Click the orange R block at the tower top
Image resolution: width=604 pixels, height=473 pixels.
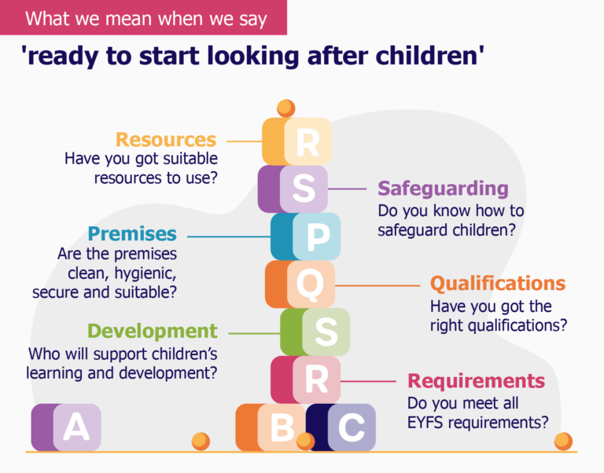[x=297, y=141]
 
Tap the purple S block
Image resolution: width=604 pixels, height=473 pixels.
[x=293, y=189]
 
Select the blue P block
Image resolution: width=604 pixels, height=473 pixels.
[x=307, y=236]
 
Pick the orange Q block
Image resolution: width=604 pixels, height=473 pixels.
[x=300, y=284]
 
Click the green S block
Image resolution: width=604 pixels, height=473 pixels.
[x=315, y=332]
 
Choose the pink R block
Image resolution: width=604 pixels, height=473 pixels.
[x=306, y=379]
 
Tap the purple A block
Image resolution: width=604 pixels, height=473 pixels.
[x=66, y=427]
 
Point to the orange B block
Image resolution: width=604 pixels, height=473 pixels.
[x=271, y=427]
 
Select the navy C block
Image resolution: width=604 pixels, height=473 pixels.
[x=341, y=427]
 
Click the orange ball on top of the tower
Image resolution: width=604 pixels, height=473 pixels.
[x=285, y=108]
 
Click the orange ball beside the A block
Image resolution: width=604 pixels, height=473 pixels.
[x=201, y=441]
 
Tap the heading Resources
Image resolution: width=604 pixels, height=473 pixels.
[x=166, y=140]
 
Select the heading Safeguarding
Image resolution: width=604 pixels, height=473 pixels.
[x=443, y=189]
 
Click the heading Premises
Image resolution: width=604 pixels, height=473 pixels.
[x=132, y=233]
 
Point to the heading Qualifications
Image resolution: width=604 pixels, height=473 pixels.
[x=497, y=283]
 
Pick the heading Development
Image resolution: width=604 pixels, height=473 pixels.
[x=152, y=331]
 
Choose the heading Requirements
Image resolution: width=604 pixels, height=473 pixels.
[x=476, y=381]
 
